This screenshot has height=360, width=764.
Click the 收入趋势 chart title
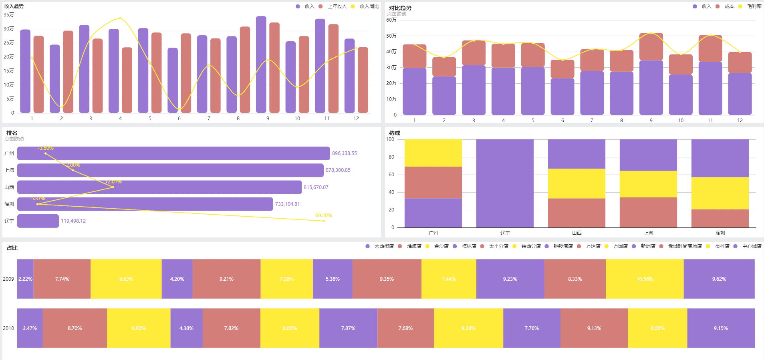click(14, 6)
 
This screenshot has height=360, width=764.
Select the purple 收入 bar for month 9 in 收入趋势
click(261, 64)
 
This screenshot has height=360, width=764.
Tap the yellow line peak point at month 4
click(120, 18)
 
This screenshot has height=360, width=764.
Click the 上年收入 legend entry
click(337, 6)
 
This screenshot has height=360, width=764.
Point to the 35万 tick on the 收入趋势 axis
click(9, 15)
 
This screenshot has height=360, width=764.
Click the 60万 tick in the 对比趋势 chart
click(391, 20)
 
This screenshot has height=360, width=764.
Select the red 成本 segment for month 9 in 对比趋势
click(651, 47)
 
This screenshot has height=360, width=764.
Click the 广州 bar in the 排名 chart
click(173, 153)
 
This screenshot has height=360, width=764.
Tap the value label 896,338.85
click(344, 153)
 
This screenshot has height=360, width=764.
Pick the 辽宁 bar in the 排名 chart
click(38, 221)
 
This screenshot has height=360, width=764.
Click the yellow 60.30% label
click(323, 215)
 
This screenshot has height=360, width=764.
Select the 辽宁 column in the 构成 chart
click(505, 183)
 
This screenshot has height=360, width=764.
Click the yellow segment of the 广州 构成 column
click(433, 153)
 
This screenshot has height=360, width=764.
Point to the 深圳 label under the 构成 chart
click(720, 233)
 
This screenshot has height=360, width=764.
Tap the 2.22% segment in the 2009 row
click(25, 279)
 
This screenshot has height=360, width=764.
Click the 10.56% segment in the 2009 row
click(645, 279)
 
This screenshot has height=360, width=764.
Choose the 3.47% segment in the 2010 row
click(30, 328)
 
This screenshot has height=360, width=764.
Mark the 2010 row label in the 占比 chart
click(8, 328)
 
